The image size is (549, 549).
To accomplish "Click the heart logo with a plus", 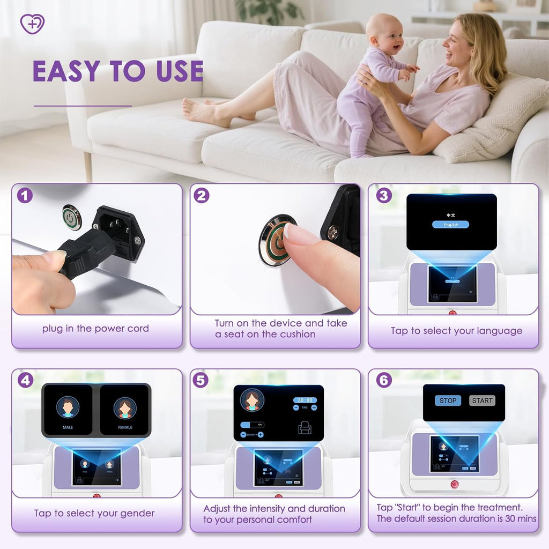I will pyautogui.click(x=32, y=24).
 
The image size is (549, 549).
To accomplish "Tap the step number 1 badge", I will pyautogui.click(x=25, y=195).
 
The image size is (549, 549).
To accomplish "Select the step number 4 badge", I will pyautogui.click(x=25, y=380).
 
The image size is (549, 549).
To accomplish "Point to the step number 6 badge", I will pyautogui.click(x=383, y=380).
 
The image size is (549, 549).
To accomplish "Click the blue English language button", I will pyautogui.click(x=451, y=225).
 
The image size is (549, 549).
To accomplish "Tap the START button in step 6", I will pyautogui.click(x=482, y=400).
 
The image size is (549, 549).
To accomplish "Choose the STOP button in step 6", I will pyautogui.click(x=448, y=400).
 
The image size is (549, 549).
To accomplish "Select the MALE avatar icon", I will pyautogui.click(x=68, y=407).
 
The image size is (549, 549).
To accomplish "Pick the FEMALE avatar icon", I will pyautogui.click(x=124, y=407).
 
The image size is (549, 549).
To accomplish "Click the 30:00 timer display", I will pyautogui.click(x=305, y=400).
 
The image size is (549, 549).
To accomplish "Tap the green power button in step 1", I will pyautogui.click(x=72, y=217).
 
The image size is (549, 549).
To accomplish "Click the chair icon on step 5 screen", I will pyautogui.click(x=305, y=427).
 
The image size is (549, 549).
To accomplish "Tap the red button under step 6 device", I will pyautogui.click(x=455, y=484).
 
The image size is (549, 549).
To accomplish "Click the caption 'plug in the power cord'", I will pyautogui.click(x=95, y=329).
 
